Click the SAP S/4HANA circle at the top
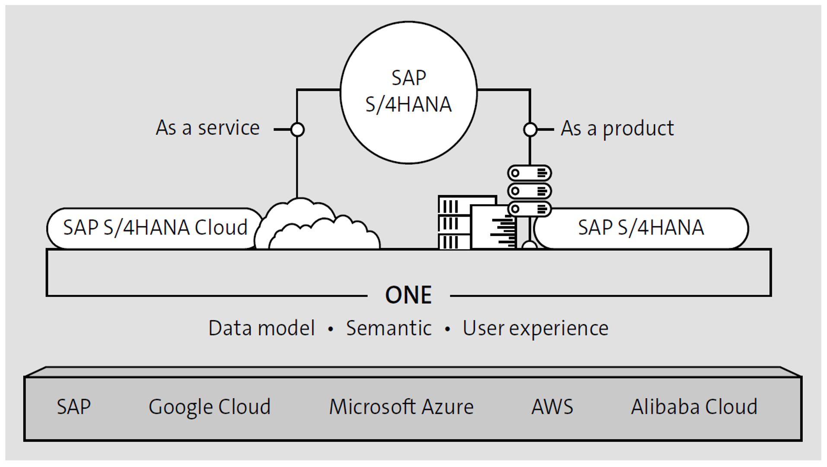pos(408,93)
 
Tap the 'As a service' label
pos(207,128)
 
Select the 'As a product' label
pos(617,128)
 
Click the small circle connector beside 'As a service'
pos(297,129)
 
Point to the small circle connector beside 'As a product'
pos(530,129)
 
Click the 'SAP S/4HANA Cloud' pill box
pos(155,228)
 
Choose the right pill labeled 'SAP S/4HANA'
pos(641,228)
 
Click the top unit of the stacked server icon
pos(529,173)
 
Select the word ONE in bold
pos(408,295)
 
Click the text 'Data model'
pos(261,328)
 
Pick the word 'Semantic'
pos(388,328)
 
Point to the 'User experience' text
pos(535,328)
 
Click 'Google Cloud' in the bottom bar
pos(210,407)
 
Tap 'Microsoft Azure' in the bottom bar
pos(401,407)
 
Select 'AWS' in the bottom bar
pos(552,407)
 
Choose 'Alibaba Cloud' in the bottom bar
pos(694,407)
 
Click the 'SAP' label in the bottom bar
pos(74,407)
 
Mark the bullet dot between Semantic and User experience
pos(447,330)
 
